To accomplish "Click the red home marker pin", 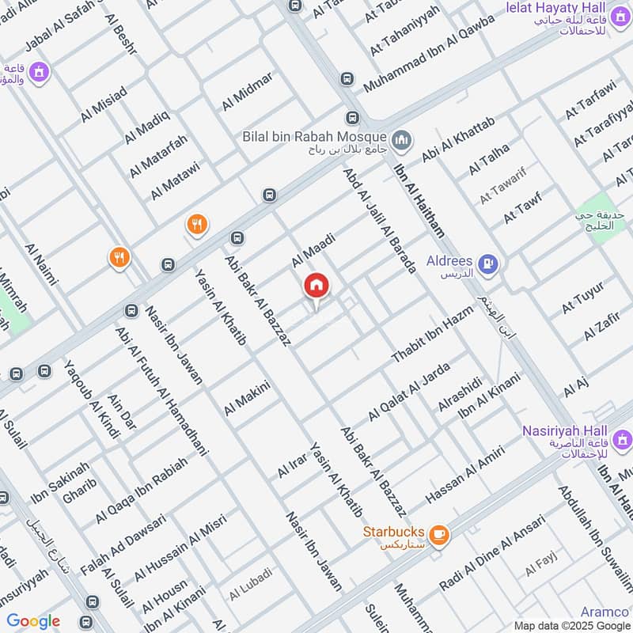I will [316, 286].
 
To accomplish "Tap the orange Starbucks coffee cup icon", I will [439, 536].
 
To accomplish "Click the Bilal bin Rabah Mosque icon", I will [403, 140].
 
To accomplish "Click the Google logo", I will [33, 621].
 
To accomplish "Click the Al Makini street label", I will [247, 398].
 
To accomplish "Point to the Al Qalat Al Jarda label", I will [409, 392].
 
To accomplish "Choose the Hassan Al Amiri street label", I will [465, 475].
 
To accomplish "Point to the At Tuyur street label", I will [582, 297].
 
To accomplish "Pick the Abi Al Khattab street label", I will [457, 139].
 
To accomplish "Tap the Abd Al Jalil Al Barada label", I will [379, 220].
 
